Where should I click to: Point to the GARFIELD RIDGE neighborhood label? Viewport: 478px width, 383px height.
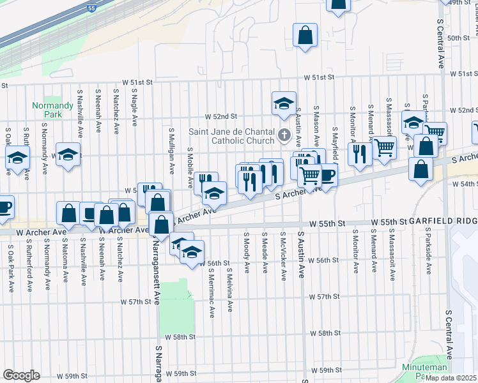pos(442,222)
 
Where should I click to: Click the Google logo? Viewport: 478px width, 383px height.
pos(21,375)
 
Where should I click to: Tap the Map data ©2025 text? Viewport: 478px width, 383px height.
pos(451,378)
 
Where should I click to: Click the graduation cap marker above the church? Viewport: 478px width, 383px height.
pos(284,103)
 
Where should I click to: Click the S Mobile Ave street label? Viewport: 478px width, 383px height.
pos(190,168)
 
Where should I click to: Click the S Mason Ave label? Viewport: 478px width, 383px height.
pos(316,125)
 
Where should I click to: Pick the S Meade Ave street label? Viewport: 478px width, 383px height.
pos(265,251)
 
